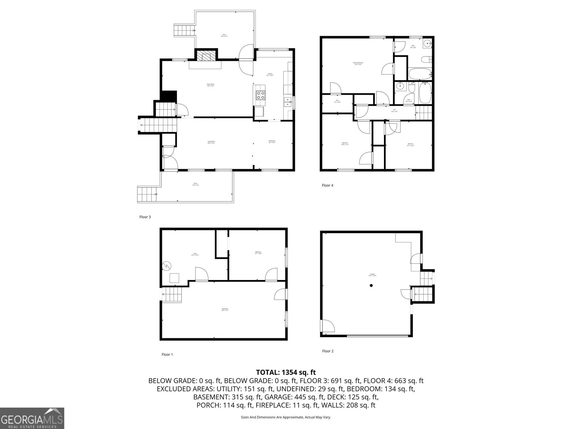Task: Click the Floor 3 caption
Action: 145,217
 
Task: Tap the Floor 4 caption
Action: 327,185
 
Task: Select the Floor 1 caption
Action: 167,355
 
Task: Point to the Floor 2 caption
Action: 327,351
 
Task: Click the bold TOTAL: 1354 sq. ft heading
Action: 286,373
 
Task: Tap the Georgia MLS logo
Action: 32,418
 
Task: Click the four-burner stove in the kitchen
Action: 260,95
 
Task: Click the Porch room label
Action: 195,184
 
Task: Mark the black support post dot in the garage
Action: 371,285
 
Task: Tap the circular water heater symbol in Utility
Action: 167,266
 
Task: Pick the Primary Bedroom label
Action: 358,63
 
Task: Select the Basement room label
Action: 225,309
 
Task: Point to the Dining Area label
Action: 272,142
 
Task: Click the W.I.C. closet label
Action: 337,101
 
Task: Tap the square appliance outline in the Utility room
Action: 174,278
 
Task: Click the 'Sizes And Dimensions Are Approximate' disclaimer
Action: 286,417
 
